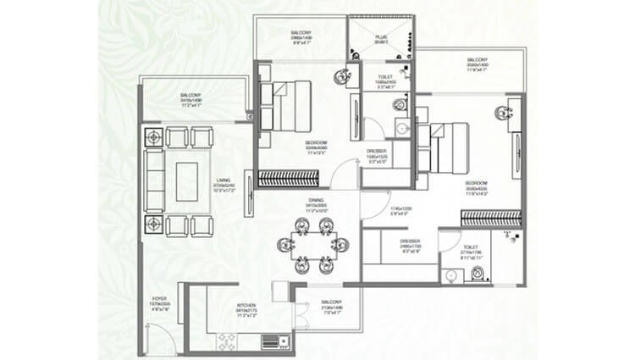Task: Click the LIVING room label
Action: (x=224, y=180)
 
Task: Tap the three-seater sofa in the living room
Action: (x=153, y=180)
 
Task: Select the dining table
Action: (x=312, y=244)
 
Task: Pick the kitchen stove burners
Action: (x=229, y=340)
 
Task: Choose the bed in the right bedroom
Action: (x=445, y=145)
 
